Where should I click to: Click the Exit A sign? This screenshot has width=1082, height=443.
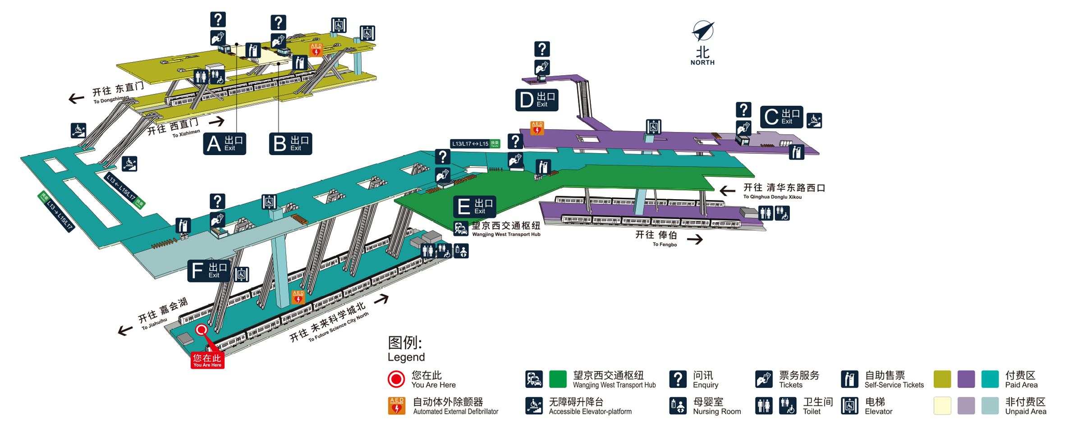point(225,144)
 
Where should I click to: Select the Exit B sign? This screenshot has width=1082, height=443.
point(290,144)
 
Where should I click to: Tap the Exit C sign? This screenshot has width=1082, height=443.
point(781,117)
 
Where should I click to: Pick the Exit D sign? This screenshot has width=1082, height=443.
point(536,100)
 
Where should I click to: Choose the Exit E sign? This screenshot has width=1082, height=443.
point(474,207)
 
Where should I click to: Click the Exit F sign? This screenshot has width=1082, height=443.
point(209,271)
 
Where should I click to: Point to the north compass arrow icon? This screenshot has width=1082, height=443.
point(703,31)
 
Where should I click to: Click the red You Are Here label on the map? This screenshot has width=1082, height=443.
point(207,360)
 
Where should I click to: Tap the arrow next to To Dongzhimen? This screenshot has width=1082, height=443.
point(76,98)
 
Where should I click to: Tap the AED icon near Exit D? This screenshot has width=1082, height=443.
point(537,128)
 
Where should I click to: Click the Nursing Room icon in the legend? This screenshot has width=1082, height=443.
point(678,406)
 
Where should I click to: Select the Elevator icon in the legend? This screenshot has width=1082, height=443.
point(849,406)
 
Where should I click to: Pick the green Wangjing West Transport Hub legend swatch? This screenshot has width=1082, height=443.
point(558,379)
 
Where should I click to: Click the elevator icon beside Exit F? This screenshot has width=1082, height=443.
point(242,274)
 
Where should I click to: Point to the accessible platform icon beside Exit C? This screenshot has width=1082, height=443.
point(814,120)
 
